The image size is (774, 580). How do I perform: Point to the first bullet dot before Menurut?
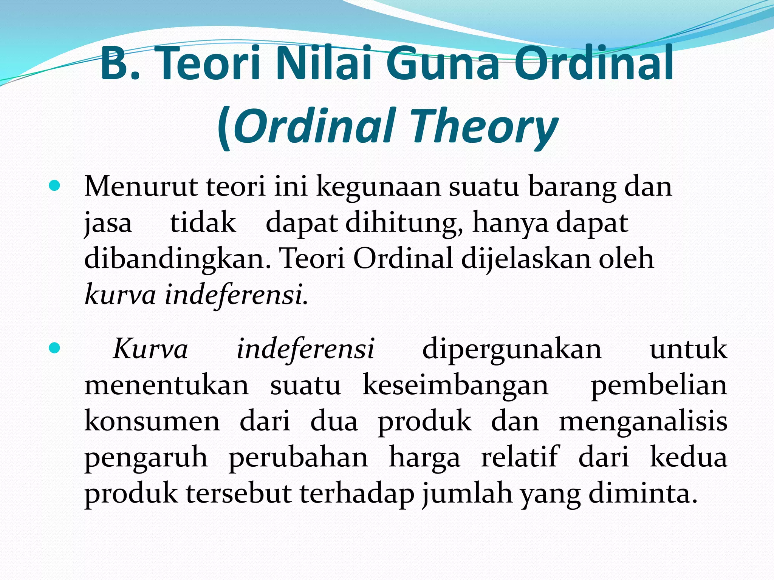pos(54,186)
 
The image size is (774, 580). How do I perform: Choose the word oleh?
pos(626,259)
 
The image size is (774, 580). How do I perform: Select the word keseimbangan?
pos(455,386)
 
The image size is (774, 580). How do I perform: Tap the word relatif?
pos(520,457)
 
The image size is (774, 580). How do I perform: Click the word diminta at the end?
pos(642,493)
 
